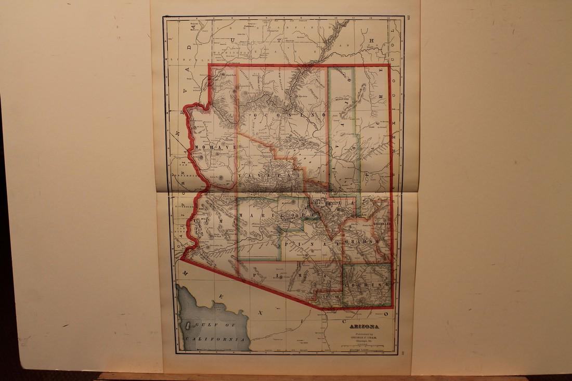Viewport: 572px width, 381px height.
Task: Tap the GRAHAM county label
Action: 360,243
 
